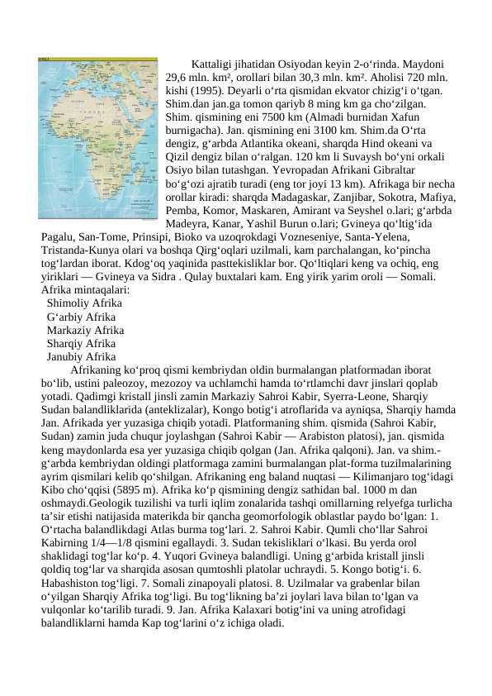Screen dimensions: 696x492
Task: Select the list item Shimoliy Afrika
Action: coord(84,303)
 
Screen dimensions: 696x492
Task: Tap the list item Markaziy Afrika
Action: coord(86,330)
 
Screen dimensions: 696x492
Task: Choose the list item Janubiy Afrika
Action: coord(82,356)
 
